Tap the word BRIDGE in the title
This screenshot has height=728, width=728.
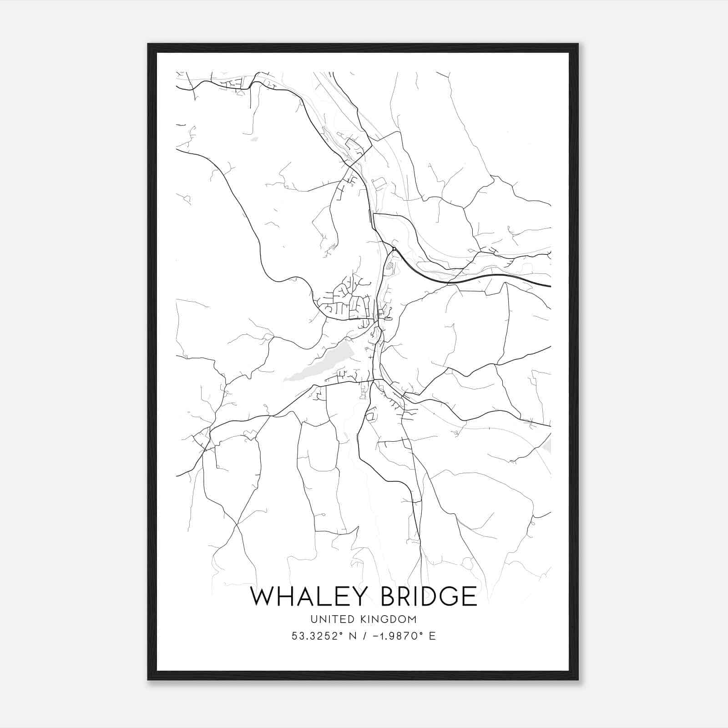coord(429,597)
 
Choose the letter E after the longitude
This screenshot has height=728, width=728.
coord(432,636)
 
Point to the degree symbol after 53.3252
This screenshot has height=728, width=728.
coord(342,633)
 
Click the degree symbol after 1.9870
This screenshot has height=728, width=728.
coord(421,633)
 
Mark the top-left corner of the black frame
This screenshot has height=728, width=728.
coord(148,44)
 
